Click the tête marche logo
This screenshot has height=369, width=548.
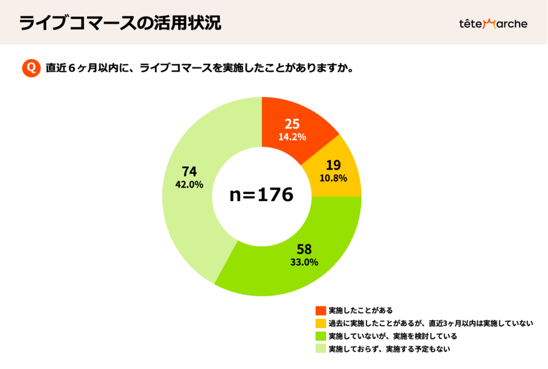[x=493, y=24]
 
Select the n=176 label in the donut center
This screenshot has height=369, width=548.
[x=261, y=195]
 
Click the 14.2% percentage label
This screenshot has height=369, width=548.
[x=292, y=137]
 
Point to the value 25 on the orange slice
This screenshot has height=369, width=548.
[x=292, y=124]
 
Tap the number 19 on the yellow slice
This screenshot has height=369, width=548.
[x=333, y=165]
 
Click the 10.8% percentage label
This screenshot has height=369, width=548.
[x=333, y=178]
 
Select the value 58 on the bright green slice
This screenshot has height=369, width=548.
[x=304, y=249]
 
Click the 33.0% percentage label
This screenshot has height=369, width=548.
[x=304, y=262]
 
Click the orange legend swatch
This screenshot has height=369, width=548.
[x=321, y=310]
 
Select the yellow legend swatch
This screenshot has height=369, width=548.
[x=321, y=323]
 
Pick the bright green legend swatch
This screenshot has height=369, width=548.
[x=321, y=336]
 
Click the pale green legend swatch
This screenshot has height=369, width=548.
[x=321, y=349]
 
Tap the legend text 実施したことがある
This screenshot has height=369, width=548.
[x=361, y=310]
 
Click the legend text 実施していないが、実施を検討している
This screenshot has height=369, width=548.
[x=393, y=336]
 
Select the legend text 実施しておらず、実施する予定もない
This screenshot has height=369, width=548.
[x=390, y=349]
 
